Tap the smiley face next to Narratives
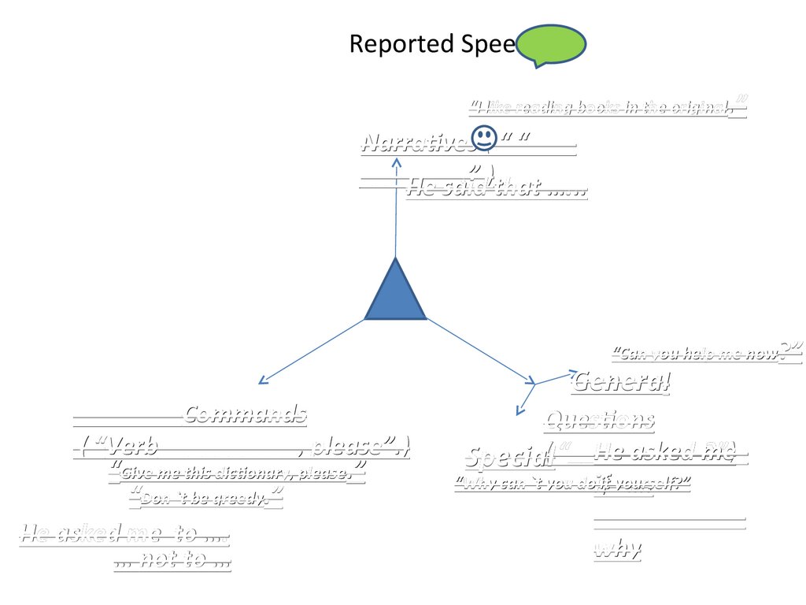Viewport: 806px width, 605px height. (483, 138)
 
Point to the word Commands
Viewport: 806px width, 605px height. (246, 414)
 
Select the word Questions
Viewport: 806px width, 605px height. (599, 421)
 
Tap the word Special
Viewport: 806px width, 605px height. (504, 456)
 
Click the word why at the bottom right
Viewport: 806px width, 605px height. (617, 549)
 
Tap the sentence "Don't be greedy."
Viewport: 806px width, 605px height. (206, 497)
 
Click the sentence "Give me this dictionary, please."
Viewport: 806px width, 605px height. (236, 473)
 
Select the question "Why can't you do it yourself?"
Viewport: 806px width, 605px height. (572, 483)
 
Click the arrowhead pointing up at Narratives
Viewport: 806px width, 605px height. (397, 163)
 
